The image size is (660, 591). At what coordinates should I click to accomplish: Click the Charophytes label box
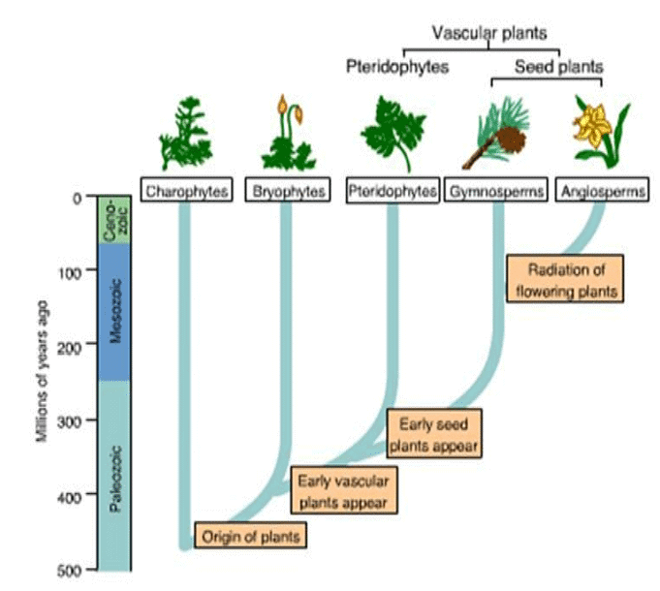[187, 191]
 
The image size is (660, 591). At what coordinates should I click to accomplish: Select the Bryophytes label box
[287, 191]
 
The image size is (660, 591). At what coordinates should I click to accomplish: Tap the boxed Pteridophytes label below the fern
[392, 191]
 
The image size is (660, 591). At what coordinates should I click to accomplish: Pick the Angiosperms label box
[603, 191]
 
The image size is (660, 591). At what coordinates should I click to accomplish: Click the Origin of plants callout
[252, 534]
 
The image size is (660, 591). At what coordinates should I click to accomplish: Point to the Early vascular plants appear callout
[343, 490]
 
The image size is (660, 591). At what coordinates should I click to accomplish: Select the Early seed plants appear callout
[434, 433]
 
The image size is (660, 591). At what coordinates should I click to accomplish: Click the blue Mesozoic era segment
[115, 312]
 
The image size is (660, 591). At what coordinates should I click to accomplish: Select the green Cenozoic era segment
[115, 220]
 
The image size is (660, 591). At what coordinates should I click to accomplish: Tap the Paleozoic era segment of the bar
[115, 475]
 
